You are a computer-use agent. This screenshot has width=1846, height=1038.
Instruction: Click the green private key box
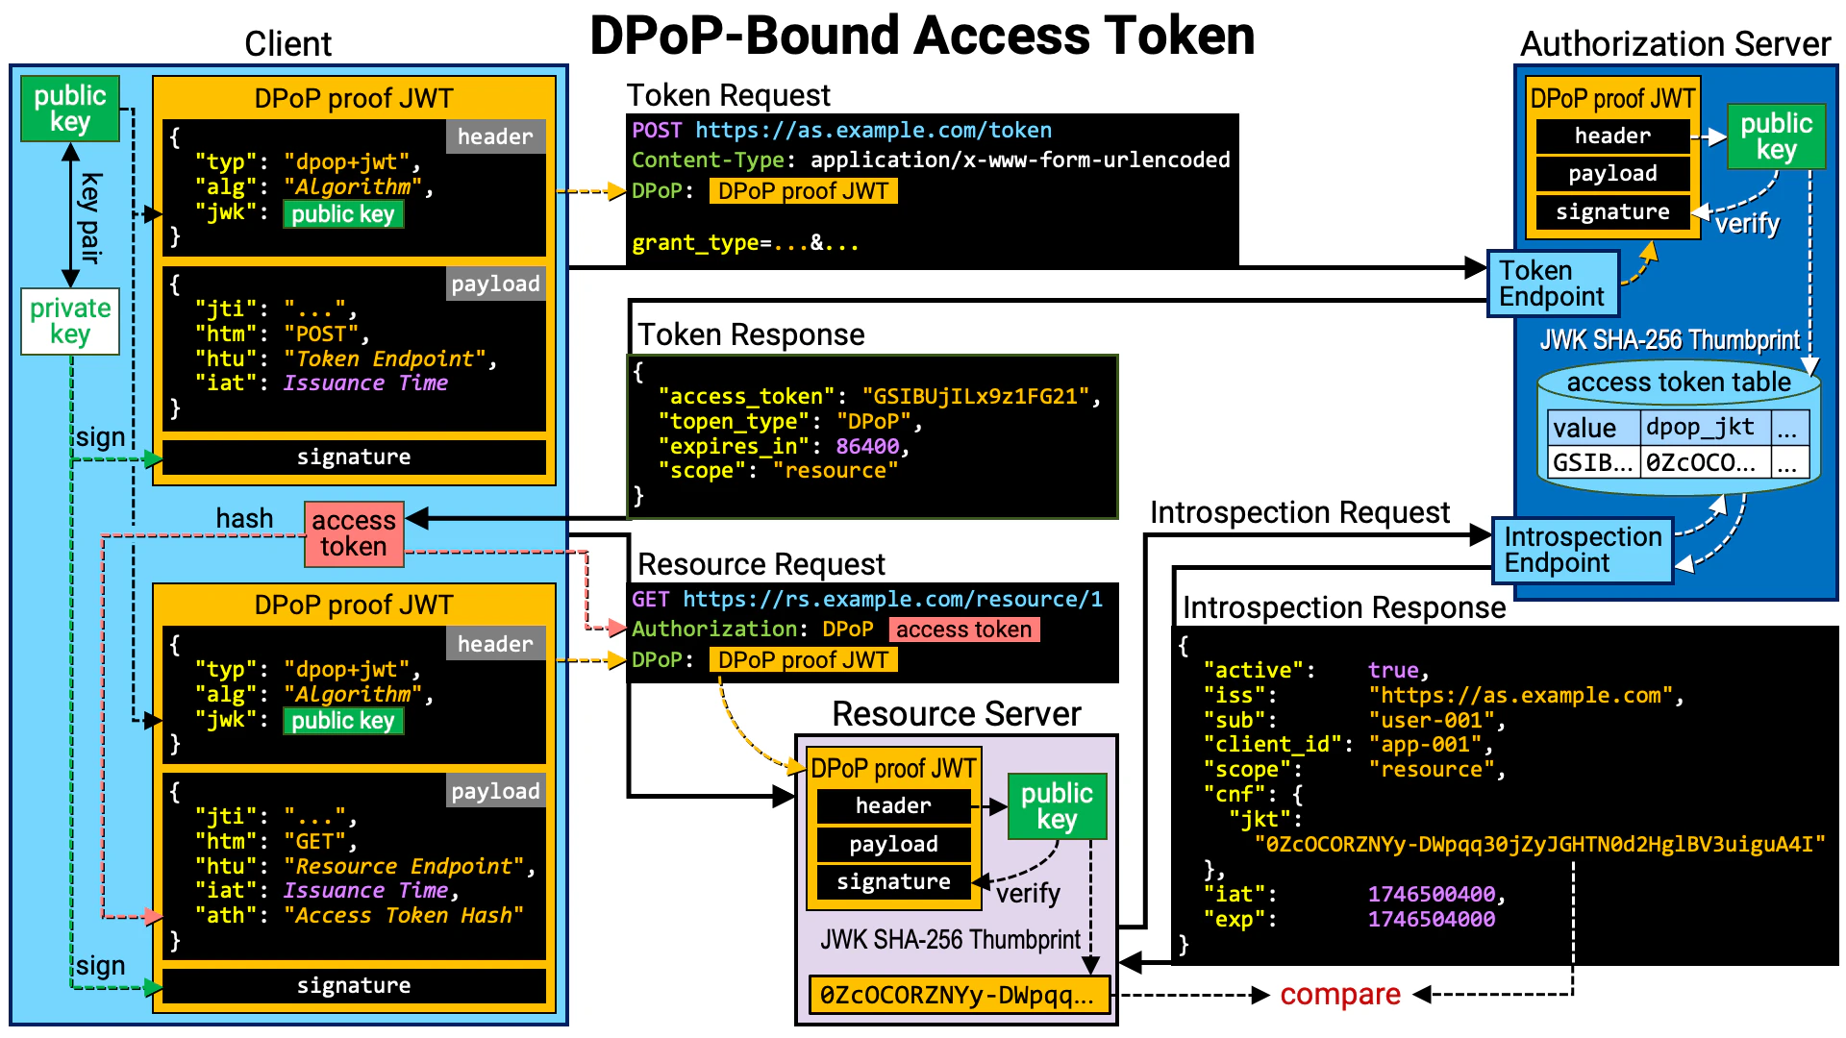70,321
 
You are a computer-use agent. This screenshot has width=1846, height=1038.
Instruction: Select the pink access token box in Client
353,533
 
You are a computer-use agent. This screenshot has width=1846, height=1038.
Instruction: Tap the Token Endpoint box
1552,284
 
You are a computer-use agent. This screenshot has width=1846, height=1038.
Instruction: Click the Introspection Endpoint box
1582,550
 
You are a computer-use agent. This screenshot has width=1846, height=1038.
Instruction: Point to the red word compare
1339,995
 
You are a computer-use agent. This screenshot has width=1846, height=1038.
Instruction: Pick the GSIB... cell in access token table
1592,462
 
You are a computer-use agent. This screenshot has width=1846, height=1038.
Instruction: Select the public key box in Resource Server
1057,806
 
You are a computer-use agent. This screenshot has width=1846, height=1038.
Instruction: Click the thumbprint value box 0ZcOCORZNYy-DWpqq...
958,996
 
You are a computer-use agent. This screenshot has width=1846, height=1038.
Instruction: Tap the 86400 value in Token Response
867,446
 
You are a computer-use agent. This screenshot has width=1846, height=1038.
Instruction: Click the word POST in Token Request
657,131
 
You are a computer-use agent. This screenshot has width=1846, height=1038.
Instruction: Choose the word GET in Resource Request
650,600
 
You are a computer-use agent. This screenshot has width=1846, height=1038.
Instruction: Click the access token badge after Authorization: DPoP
963,630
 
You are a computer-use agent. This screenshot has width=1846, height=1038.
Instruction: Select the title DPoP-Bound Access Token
921,37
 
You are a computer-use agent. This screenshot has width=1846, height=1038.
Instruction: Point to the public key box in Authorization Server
1775,136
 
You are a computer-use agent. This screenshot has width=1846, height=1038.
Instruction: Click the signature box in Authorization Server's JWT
1612,212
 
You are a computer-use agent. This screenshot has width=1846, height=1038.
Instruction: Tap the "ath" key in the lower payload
226,915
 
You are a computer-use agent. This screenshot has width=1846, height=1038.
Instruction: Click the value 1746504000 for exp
1431,919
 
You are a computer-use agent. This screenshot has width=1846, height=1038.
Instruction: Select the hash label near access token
244,519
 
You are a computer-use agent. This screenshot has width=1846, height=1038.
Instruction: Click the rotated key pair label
89,218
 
